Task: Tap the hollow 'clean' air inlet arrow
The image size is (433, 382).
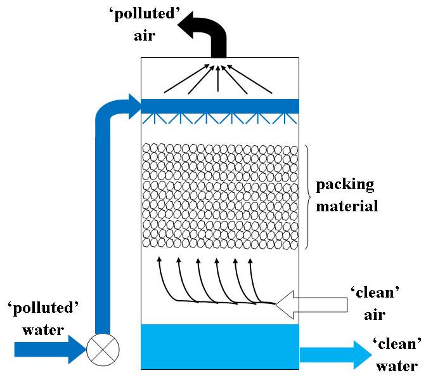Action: click(x=311, y=305)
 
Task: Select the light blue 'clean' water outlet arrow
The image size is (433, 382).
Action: click(x=336, y=355)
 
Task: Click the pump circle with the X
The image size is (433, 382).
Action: click(x=103, y=350)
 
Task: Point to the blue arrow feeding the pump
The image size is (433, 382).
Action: click(x=50, y=350)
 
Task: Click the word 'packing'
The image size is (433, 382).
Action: click(x=345, y=185)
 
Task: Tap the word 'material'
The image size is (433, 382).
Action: click(x=347, y=206)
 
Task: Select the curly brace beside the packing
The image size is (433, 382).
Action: click(x=307, y=197)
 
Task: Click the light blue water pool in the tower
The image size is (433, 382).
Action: click(x=220, y=346)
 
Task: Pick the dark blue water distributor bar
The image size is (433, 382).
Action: click(x=220, y=106)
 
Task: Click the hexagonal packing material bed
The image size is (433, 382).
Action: click(x=221, y=196)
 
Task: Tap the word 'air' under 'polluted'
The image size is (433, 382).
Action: click(x=145, y=36)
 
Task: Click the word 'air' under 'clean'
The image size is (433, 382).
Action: click(x=375, y=315)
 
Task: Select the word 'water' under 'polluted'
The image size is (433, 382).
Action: click(x=43, y=331)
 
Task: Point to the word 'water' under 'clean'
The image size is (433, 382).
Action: click(x=397, y=367)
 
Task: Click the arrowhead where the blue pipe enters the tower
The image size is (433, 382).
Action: click(x=135, y=107)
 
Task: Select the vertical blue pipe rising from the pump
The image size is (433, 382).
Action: click(x=103, y=224)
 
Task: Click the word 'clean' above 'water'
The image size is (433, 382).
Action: click(x=397, y=344)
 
